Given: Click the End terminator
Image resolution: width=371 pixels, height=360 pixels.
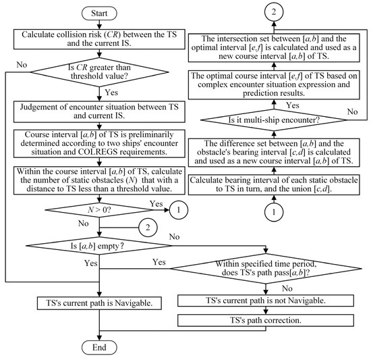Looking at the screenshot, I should click(100, 348).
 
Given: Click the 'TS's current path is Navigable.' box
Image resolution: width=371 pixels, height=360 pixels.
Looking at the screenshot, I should click(100, 303).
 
